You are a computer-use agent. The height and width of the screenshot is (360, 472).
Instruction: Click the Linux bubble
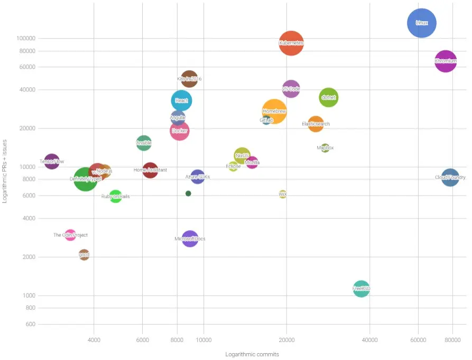[x=422, y=23]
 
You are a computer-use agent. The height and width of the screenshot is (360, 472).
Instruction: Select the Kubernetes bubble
[x=291, y=43]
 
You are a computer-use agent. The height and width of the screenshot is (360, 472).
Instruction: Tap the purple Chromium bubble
[x=446, y=61]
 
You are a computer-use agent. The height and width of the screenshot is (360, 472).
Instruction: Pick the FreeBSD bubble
[x=361, y=289]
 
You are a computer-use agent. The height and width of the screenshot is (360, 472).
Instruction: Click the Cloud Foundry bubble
[x=450, y=178]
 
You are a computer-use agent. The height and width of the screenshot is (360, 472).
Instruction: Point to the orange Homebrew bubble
[x=274, y=111]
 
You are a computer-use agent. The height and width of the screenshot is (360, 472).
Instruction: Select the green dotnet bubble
[x=329, y=97]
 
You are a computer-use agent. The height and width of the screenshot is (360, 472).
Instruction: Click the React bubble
[x=181, y=100]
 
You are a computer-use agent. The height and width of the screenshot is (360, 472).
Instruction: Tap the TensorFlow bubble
[x=52, y=161]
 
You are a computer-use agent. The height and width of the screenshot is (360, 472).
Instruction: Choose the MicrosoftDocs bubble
[x=190, y=239]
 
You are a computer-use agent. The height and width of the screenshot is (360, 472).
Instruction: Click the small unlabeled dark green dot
[x=188, y=193]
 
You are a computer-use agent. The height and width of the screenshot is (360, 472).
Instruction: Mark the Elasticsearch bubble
[x=316, y=124]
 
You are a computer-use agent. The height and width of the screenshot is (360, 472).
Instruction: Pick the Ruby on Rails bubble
[x=116, y=196]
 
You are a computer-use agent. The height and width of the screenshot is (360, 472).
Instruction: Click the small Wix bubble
[x=283, y=194]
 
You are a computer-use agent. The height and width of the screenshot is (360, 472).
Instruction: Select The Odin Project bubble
[x=70, y=235]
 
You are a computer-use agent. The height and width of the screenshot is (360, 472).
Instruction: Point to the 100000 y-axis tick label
[x=25, y=39]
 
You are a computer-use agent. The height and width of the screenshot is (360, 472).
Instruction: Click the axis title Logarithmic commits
[x=252, y=354]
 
